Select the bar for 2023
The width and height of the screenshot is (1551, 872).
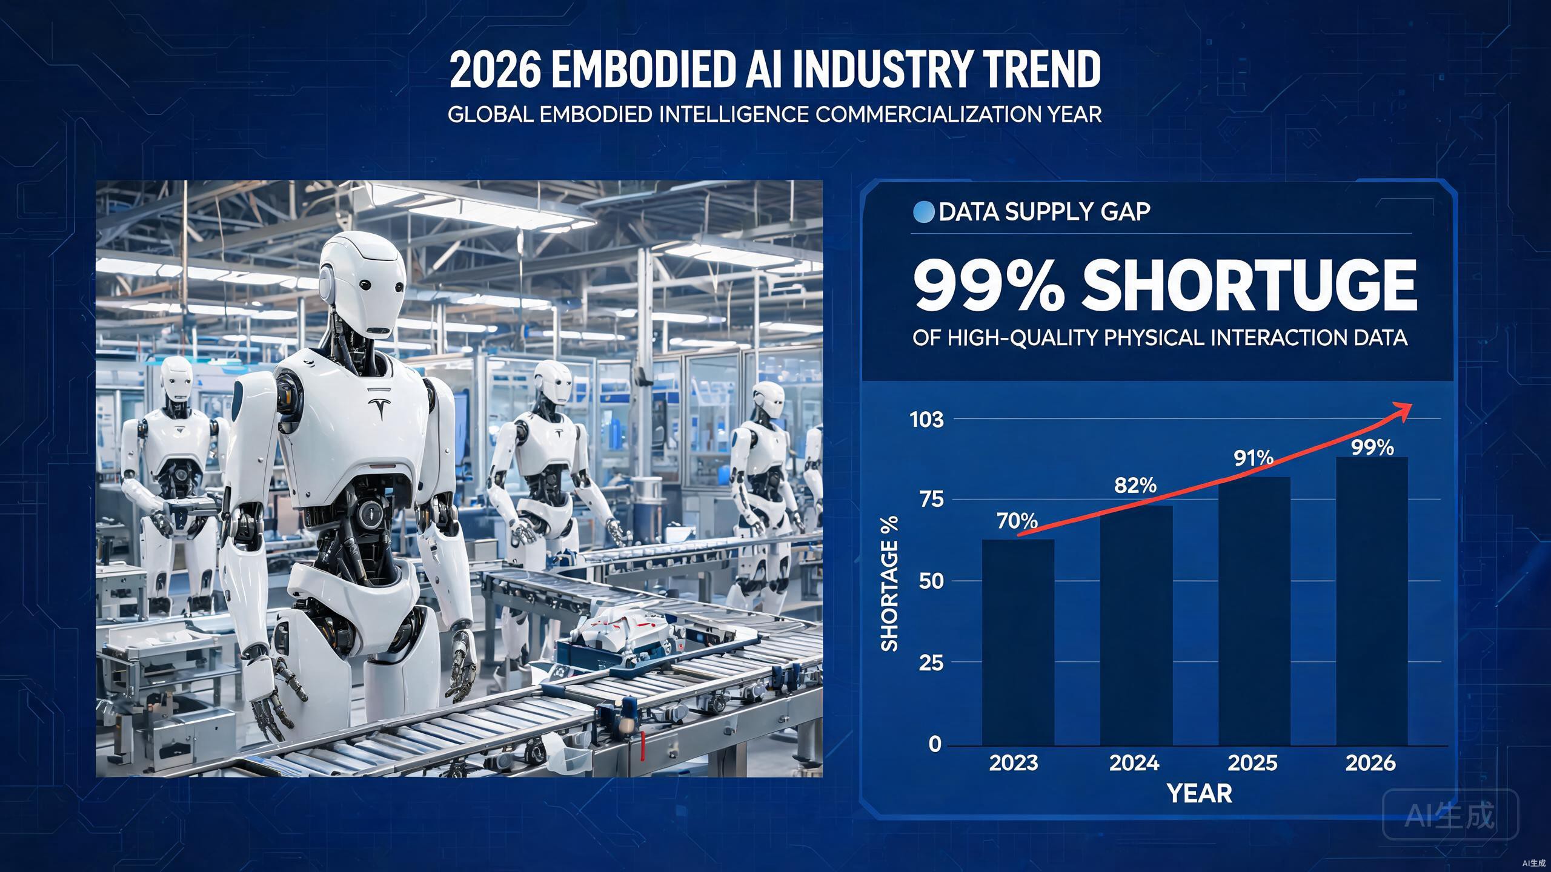pyautogui.click(x=1018, y=642)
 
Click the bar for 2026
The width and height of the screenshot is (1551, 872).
pyautogui.click(x=1372, y=601)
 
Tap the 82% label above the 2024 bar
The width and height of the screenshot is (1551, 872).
pyautogui.click(x=1135, y=485)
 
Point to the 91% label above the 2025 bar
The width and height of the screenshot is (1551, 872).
pyautogui.click(x=1254, y=458)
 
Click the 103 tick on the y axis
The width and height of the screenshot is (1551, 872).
pyautogui.click(x=927, y=420)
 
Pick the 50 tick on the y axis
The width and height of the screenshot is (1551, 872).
pyautogui.click(x=931, y=581)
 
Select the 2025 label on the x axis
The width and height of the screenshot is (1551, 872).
pyautogui.click(x=1252, y=763)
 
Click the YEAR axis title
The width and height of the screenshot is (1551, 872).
pyautogui.click(x=1200, y=793)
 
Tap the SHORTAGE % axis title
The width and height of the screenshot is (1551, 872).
pyautogui.click(x=889, y=584)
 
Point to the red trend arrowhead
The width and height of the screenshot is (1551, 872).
pyautogui.click(x=1401, y=410)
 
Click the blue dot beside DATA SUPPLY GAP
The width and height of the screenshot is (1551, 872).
pyautogui.click(x=923, y=212)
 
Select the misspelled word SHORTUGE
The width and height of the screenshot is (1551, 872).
pyautogui.click(x=1249, y=285)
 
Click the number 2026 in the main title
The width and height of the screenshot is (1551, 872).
pyautogui.click(x=495, y=69)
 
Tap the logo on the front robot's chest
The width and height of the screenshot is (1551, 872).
pyautogui.click(x=380, y=410)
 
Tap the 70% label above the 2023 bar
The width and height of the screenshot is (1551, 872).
pyautogui.click(x=1017, y=520)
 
